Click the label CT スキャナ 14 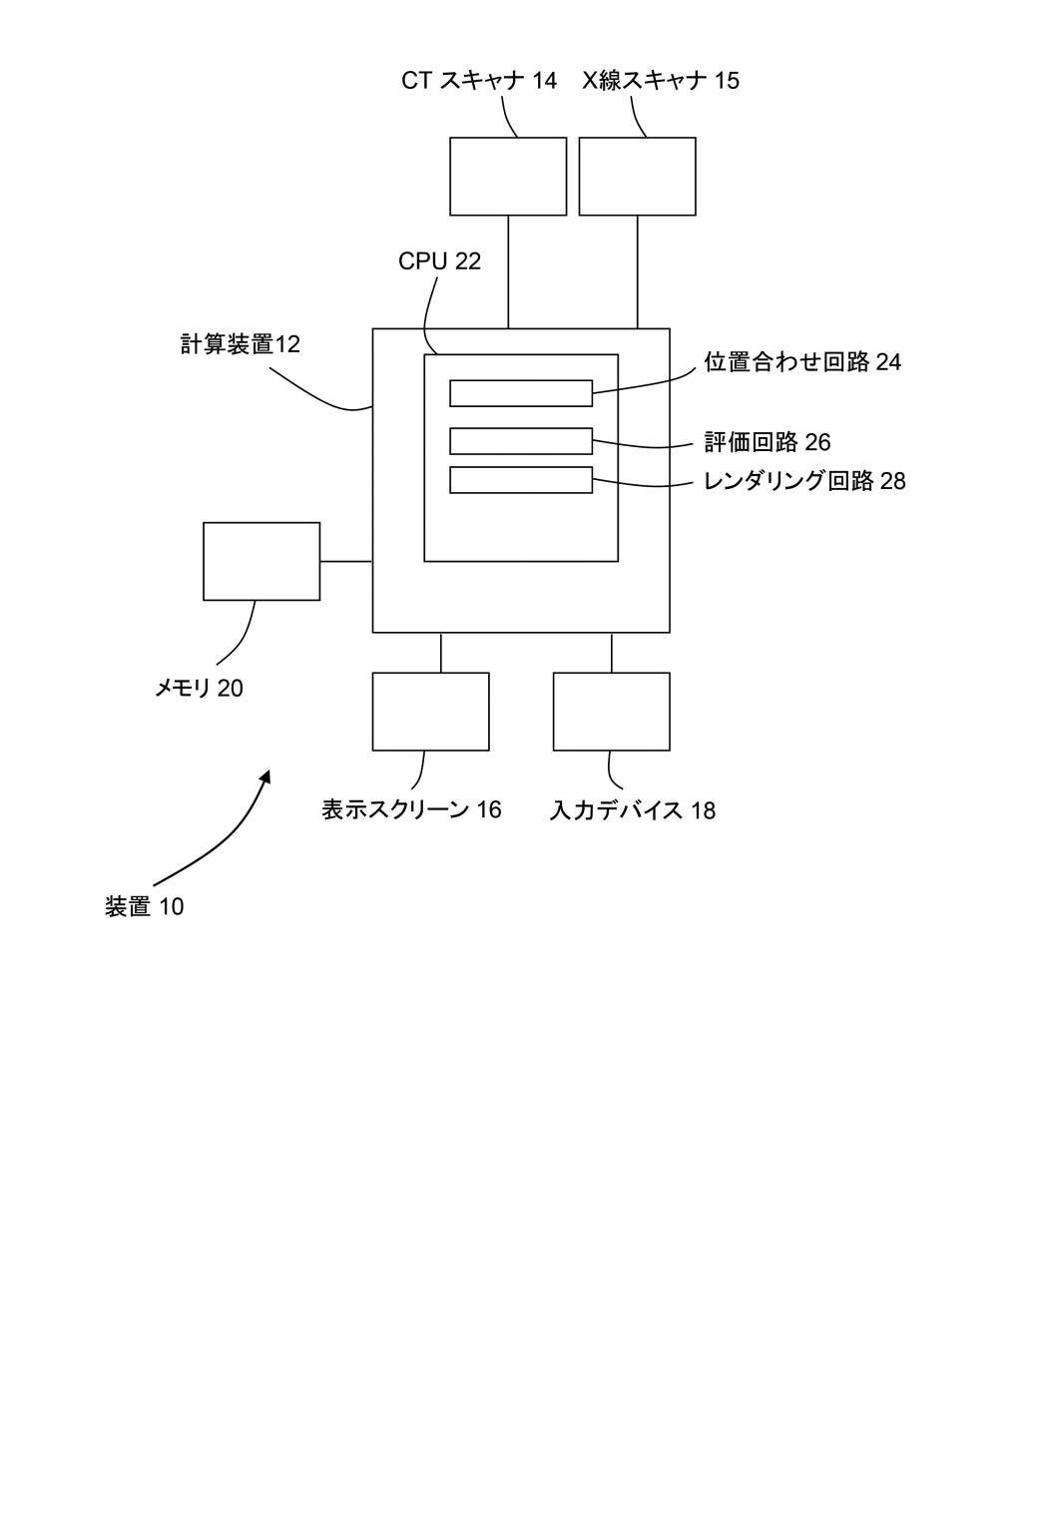(x=479, y=80)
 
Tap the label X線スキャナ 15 (x=661, y=80)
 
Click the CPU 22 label (x=439, y=260)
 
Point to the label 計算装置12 (x=240, y=344)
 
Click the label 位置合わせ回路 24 (x=802, y=362)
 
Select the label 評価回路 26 (x=768, y=442)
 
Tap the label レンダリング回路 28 (x=804, y=481)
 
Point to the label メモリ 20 (x=199, y=689)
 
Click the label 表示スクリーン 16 (x=411, y=809)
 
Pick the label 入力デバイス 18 (x=633, y=810)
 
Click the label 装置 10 (x=145, y=907)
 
